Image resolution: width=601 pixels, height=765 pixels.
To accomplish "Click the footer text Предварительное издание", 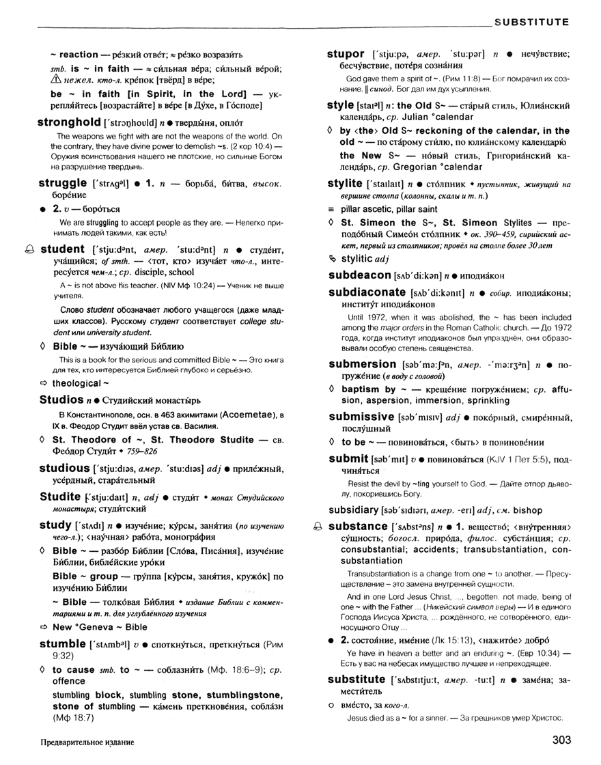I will click(87, 742).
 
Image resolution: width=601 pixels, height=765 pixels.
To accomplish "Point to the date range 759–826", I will click(159, 451).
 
